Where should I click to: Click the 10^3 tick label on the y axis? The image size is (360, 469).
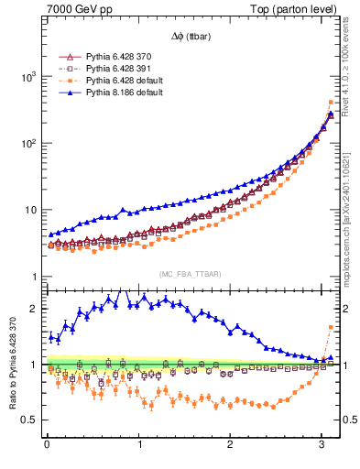[27, 77]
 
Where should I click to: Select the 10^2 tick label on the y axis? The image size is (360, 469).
[27, 144]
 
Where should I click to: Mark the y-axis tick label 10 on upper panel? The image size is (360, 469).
[29, 211]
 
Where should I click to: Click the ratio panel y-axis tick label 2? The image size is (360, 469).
[34, 309]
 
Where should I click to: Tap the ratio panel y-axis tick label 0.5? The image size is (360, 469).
[30, 420]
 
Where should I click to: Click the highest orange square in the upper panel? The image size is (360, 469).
[331, 102]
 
